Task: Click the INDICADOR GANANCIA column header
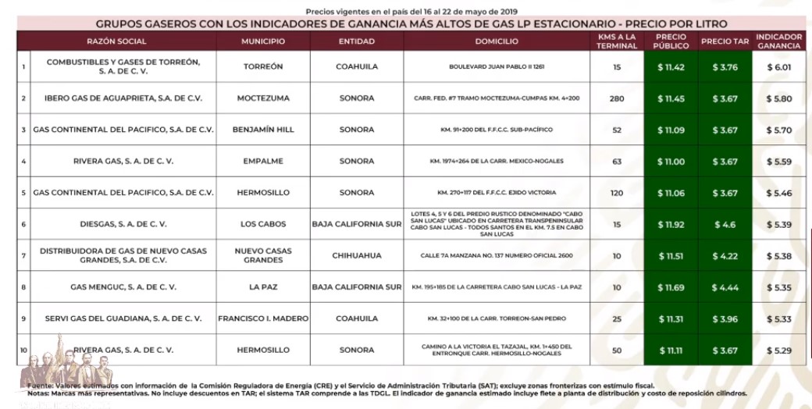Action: pyautogui.click(x=779, y=41)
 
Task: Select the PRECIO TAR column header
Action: pyautogui.click(x=725, y=41)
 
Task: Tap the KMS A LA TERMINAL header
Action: pyautogui.click(x=616, y=41)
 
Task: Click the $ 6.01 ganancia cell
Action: pyautogui.click(x=779, y=67)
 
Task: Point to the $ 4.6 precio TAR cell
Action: pyautogui.click(x=725, y=224)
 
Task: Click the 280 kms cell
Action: pyautogui.click(x=617, y=98)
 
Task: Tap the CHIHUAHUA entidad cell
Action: pyautogui.click(x=356, y=255)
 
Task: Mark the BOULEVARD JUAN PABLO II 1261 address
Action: pyautogui.click(x=496, y=67)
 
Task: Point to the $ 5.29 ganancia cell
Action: pyautogui.click(x=779, y=350)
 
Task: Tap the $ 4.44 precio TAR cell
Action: pyautogui.click(x=725, y=287)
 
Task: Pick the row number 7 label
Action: pyautogui.click(x=23, y=255)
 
